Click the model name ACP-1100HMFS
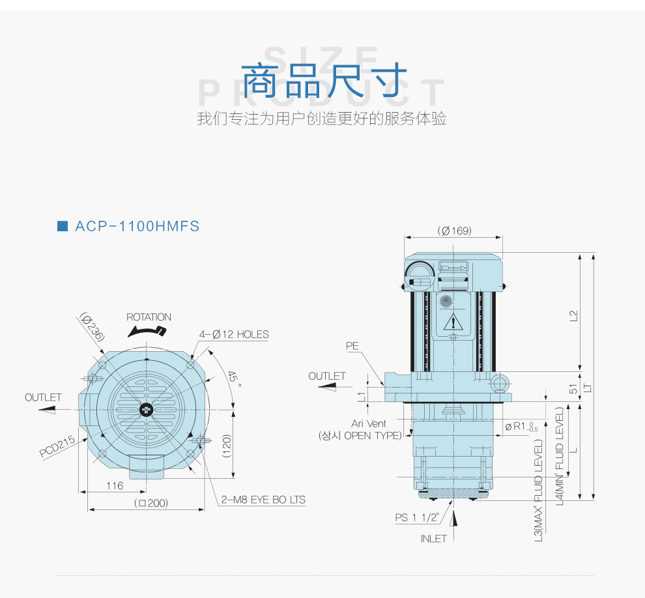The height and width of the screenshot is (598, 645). pyautogui.click(x=137, y=227)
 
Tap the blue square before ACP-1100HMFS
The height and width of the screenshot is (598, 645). pyautogui.click(x=63, y=227)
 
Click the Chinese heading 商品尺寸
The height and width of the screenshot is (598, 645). pyautogui.click(x=324, y=81)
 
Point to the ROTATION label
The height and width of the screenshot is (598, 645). pyautogui.click(x=149, y=317)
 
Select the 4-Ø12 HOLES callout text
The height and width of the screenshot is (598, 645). pyautogui.click(x=234, y=334)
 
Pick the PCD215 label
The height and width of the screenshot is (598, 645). pyautogui.click(x=57, y=446)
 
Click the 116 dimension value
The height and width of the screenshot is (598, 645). pyautogui.click(x=115, y=485)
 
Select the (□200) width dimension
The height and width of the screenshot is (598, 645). pyautogui.click(x=151, y=503)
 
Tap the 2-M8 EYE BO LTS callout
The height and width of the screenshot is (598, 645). pyautogui.click(x=263, y=500)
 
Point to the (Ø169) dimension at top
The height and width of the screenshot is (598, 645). pyautogui.click(x=454, y=231)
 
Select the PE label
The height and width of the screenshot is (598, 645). pyautogui.click(x=352, y=347)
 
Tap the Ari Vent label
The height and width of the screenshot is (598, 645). pyautogui.click(x=369, y=423)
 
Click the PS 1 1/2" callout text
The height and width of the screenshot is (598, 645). pyautogui.click(x=417, y=517)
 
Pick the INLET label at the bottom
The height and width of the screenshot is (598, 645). pyautogui.click(x=433, y=538)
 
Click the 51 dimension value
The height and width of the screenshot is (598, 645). pyautogui.click(x=573, y=388)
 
